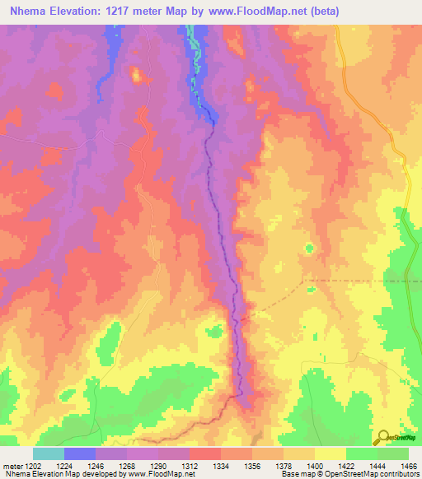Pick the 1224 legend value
(64, 465)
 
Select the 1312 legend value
(190, 465)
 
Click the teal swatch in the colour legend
(49, 453)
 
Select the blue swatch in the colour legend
(80, 453)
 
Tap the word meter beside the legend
(11, 465)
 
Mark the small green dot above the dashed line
(309, 248)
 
